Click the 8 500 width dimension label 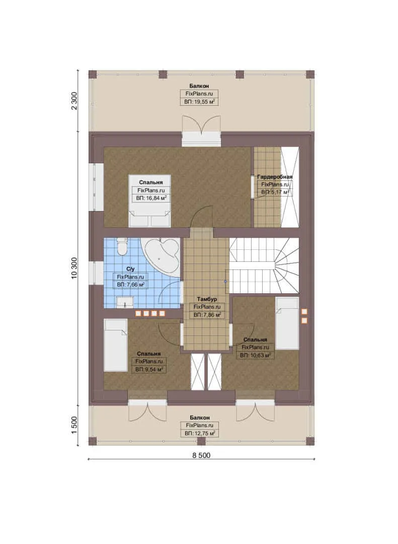pyautogui.click(x=201, y=455)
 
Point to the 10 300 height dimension pyautogui.click(x=74, y=268)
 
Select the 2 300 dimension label pyautogui.click(x=74, y=101)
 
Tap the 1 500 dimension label pyautogui.click(x=74, y=426)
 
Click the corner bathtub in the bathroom pyautogui.click(x=161, y=257)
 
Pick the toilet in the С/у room pyautogui.click(x=122, y=247)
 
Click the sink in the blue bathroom pyautogui.click(x=124, y=302)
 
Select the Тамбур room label pyautogui.click(x=207, y=299)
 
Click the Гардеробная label pyautogui.click(x=275, y=177)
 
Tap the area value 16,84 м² pyautogui.click(x=151, y=198)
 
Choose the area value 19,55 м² pyautogui.click(x=199, y=102)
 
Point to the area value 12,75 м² pyautogui.click(x=200, y=433)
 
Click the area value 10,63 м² pyautogui.click(x=255, y=355)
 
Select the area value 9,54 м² pyautogui.click(x=149, y=370)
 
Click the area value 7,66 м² pyautogui.click(x=130, y=285)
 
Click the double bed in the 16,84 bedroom pyautogui.click(x=149, y=201)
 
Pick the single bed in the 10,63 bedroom pyautogui.click(x=287, y=323)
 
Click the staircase pyautogui.click(x=264, y=265)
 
